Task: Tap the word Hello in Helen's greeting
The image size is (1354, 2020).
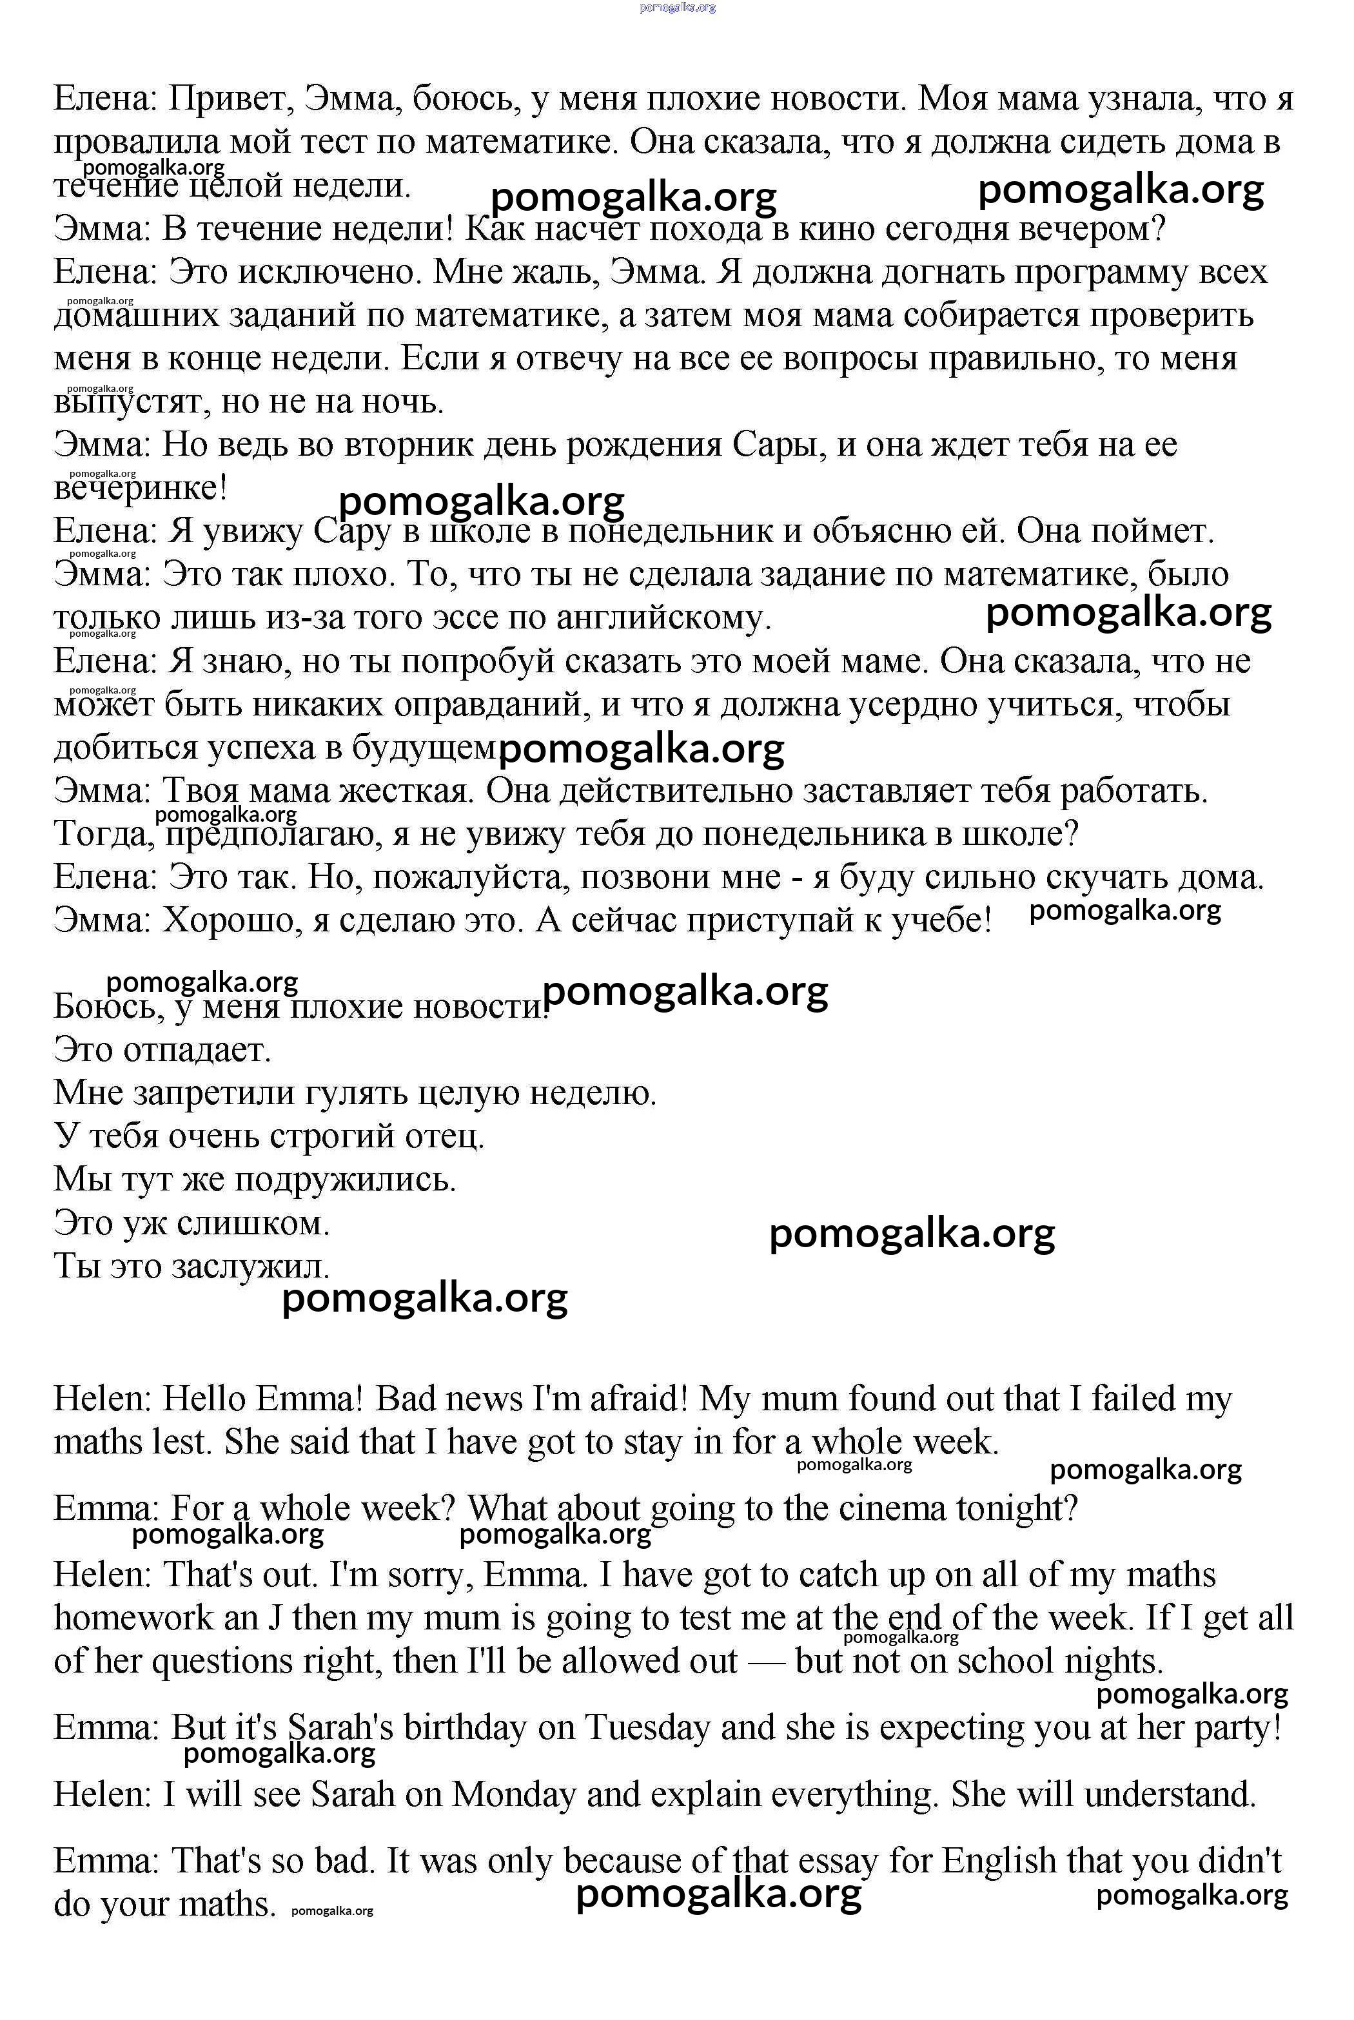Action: coord(204,1399)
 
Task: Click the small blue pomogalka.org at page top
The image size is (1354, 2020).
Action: coord(678,8)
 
